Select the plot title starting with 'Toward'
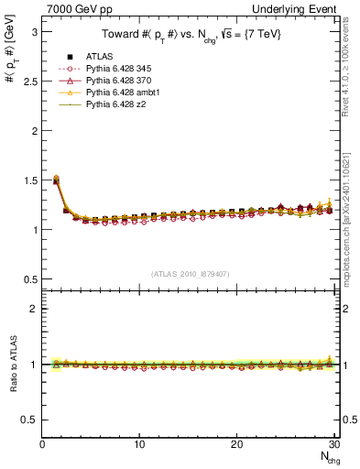[191, 35]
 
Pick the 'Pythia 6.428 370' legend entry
[117, 81]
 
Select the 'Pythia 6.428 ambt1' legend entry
[121, 93]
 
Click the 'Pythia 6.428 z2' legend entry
[114, 106]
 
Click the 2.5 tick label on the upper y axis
[28, 81]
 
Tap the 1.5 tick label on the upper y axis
[28, 180]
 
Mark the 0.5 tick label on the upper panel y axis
[28, 278]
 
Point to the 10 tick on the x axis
[139, 444]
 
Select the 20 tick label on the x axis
[236, 444]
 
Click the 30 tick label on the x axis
[333, 444]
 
